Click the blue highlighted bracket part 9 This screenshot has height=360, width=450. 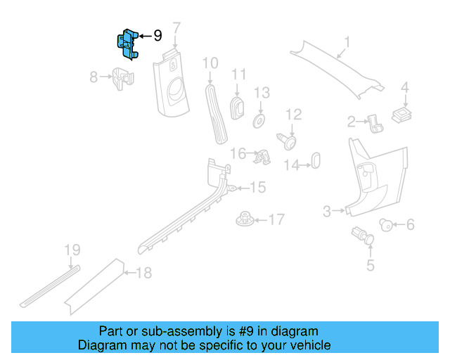(127, 44)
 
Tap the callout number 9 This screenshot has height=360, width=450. (157, 35)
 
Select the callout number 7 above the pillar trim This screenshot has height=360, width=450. (176, 28)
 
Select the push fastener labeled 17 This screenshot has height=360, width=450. (245, 220)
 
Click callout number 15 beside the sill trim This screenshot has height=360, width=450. (257, 187)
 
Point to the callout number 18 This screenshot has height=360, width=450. (143, 273)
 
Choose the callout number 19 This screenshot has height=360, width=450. (72, 250)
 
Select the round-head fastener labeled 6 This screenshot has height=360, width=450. (385, 225)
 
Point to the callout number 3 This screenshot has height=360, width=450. (327, 210)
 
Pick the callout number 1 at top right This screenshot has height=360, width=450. (346, 41)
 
